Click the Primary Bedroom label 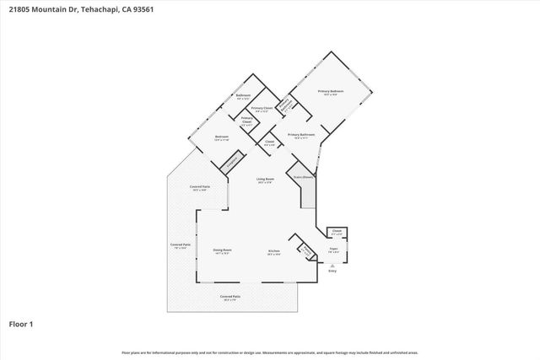(330, 90)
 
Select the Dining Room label (222, 250)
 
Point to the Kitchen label (274, 250)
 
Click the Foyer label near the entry (333, 250)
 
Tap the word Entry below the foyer (332, 271)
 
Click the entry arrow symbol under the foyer (332, 264)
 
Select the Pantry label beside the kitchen (301, 250)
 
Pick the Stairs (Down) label (304, 177)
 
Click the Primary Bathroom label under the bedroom (301, 134)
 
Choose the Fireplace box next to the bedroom (235, 159)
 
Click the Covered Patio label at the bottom (230, 296)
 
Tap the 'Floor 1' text (21, 323)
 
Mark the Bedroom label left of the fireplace (221, 137)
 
